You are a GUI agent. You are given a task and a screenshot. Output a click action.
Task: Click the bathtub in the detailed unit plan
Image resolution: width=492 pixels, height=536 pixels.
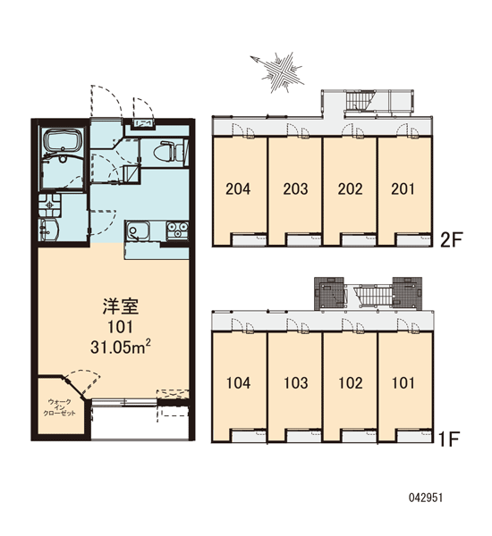(63, 141)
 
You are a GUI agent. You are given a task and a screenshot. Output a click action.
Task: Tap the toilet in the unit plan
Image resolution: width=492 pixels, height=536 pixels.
(169, 152)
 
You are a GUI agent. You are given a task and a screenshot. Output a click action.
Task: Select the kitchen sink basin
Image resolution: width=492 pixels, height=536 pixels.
(138, 230)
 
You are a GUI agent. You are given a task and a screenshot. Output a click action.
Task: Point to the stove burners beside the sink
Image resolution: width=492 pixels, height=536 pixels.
(177, 230)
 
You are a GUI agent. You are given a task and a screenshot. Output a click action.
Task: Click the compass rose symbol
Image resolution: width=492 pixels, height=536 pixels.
(279, 71)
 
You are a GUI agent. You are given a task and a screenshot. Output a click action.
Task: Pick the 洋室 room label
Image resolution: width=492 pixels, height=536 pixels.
(121, 306)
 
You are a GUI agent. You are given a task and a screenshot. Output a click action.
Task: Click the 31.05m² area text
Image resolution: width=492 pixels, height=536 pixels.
(121, 347)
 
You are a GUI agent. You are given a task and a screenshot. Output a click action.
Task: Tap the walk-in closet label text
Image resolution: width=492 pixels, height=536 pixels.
(60, 408)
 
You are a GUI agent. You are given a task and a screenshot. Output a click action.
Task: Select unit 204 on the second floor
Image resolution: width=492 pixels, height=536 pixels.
(238, 188)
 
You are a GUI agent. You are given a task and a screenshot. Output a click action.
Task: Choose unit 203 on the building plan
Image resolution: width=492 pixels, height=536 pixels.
(295, 188)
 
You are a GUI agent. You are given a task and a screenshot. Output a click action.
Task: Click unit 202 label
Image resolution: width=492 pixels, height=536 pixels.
(351, 188)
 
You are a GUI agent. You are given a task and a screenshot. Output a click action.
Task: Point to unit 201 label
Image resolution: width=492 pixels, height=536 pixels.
(403, 188)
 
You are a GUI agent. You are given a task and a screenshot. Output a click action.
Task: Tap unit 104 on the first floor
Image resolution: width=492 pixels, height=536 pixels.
(238, 383)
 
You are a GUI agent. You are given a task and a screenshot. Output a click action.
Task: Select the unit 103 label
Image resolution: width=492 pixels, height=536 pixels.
(296, 383)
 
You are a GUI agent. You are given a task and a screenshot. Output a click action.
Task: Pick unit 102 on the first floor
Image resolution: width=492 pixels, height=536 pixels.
(351, 383)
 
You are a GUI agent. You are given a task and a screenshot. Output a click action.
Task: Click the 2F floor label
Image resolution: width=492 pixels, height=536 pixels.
(451, 239)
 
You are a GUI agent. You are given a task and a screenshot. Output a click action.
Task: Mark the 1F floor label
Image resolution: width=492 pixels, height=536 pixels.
(448, 440)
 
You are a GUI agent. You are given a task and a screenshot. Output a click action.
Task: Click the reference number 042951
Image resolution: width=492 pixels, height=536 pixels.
(426, 498)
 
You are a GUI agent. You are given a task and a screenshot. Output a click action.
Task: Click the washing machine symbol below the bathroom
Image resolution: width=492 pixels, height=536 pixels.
(50, 205)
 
